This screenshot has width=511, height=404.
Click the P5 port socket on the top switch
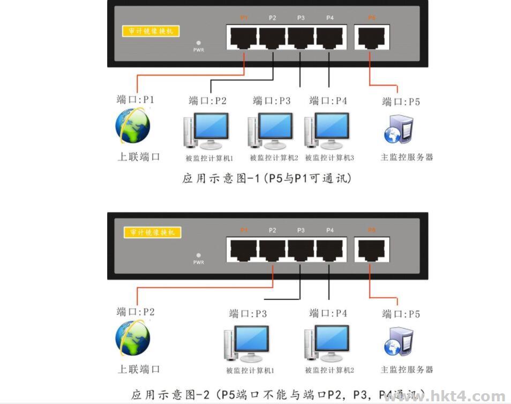click(372, 37)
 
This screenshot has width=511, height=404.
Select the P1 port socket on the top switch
click(244, 37)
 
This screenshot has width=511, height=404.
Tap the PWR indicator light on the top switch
click(198, 42)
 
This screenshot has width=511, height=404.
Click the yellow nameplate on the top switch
click(151, 31)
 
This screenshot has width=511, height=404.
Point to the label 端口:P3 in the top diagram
click(272, 100)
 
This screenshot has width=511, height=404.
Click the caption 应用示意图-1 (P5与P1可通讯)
click(267, 178)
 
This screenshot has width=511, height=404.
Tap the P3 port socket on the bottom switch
click(301, 250)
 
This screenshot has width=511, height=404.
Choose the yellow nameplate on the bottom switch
click(152, 232)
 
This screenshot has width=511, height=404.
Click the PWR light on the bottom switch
click(198, 255)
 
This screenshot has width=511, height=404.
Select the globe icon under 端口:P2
click(133, 338)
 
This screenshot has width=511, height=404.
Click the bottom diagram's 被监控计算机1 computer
click(246, 343)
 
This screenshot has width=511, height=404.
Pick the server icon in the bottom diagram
click(399, 342)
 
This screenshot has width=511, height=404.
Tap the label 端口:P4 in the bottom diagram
click(328, 313)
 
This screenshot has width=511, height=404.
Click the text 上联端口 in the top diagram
click(139, 157)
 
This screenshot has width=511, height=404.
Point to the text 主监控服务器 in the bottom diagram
click(407, 370)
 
